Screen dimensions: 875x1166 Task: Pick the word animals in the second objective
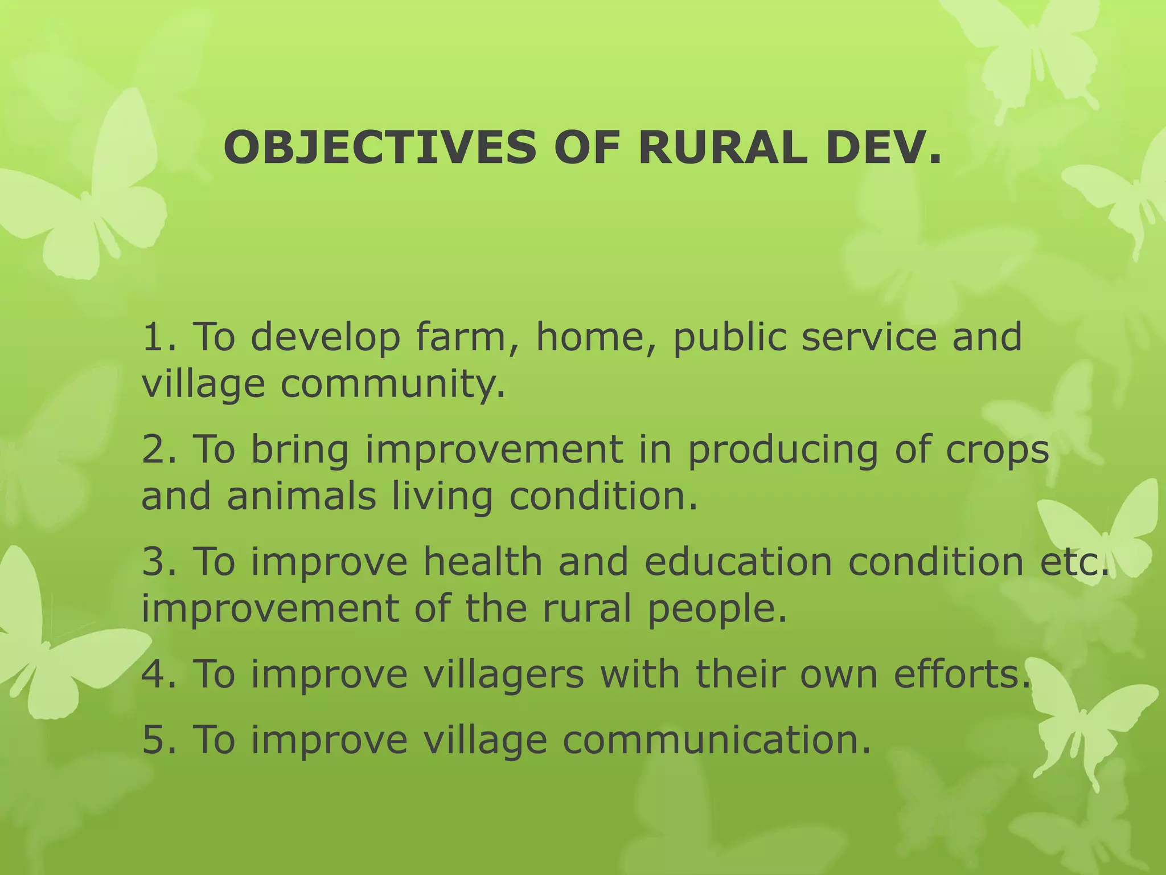[301, 496]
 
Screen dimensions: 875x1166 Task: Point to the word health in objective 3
[483, 561]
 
